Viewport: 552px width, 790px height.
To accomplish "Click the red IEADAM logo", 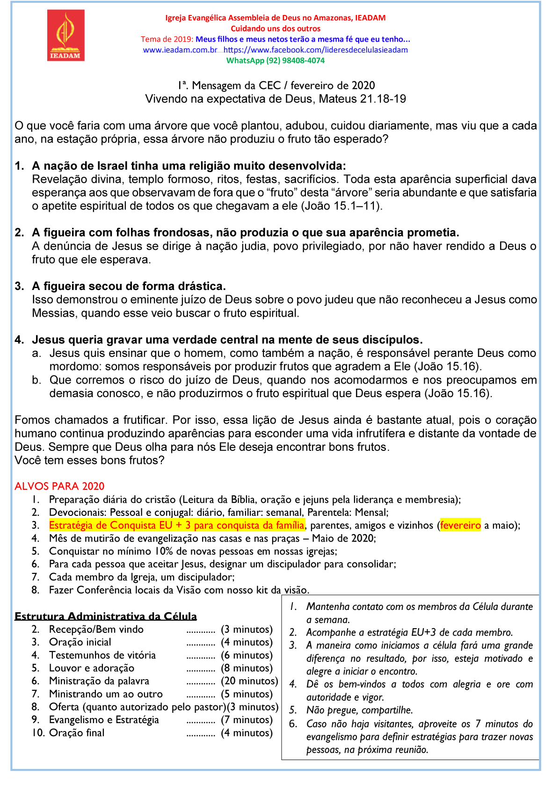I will click(x=65, y=35).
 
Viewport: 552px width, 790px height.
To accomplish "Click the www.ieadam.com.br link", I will click(x=180, y=50).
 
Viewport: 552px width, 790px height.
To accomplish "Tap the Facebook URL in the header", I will click(x=316, y=50).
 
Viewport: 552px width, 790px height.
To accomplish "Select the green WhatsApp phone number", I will click(x=275, y=60).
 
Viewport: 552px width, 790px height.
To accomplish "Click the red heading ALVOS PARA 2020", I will click(x=59, y=486).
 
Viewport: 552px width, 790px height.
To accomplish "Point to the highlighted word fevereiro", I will click(x=460, y=525).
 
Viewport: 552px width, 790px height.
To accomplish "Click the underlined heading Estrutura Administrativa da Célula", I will click(x=106, y=616).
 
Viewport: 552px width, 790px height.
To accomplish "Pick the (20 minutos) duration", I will click(x=250, y=681).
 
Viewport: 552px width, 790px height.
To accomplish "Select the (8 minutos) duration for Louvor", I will click(x=247, y=668).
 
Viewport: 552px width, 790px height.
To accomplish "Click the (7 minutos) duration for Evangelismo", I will click(x=247, y=720).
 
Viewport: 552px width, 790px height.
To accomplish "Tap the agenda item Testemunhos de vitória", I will click(x=102, y=655).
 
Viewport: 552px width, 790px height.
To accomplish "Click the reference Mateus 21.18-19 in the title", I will click(x=363, y=99).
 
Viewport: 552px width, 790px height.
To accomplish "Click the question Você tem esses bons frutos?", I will click(x=89, y=460).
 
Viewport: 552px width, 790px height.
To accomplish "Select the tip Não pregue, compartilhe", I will click(x=359, y=710).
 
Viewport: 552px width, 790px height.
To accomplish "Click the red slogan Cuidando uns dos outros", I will click(x=276, y=29).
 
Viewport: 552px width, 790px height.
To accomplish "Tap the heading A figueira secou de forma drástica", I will click(x=129, y=286).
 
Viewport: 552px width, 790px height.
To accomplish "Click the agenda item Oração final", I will click(x=77, y=733).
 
